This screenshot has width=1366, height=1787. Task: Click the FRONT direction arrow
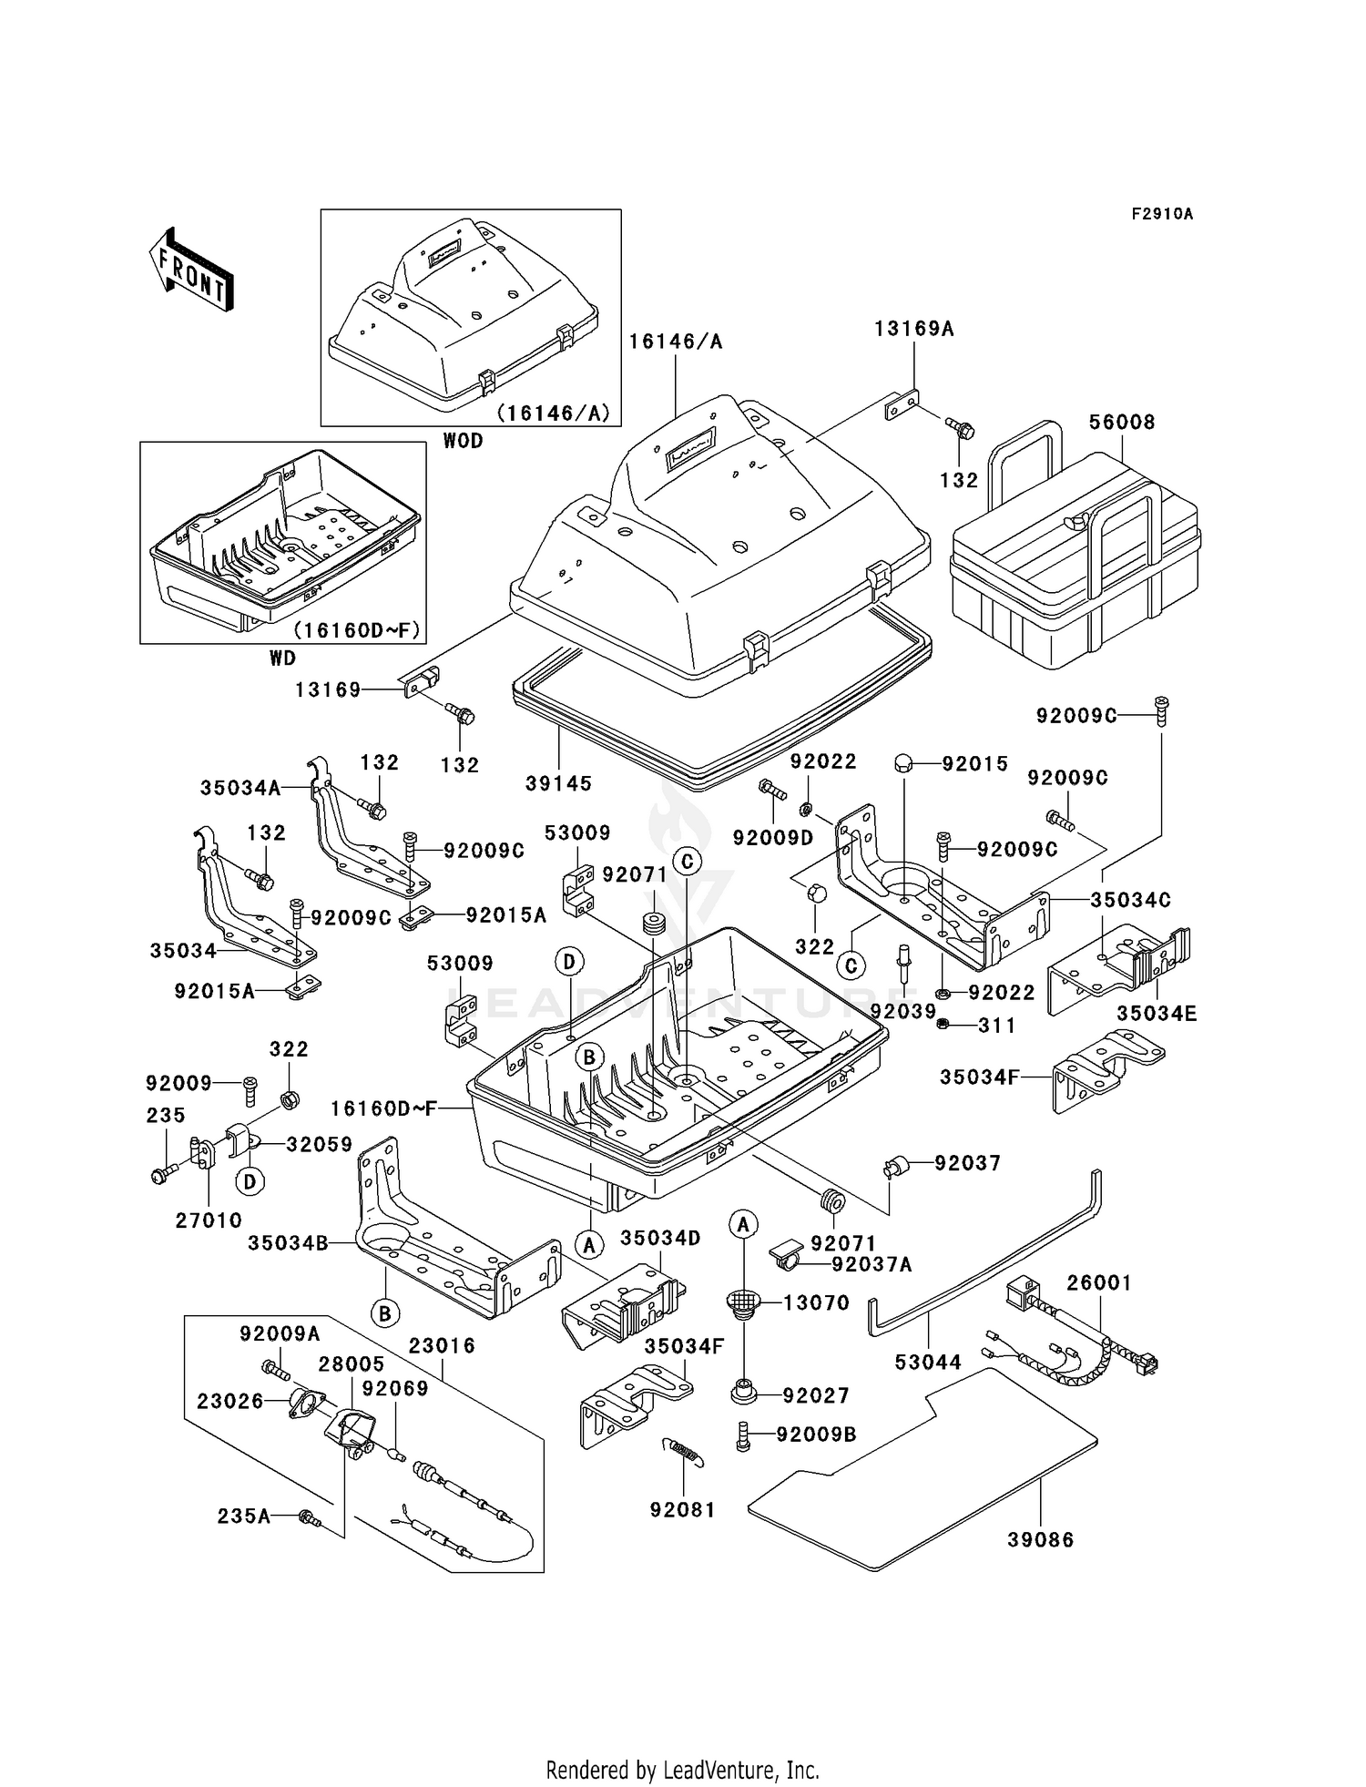coord(190,271)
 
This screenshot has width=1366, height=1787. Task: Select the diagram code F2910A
coord(1162,214)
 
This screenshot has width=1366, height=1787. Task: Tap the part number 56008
coord(1122,423)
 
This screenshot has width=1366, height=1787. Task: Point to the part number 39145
coord(558,782)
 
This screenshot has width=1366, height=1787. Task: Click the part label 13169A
coord(914,329)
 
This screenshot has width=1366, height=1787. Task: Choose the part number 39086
coord(1040,1539)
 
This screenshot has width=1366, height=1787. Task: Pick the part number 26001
coord(1099,1282)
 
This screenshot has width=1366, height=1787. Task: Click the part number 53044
coord(928,1363)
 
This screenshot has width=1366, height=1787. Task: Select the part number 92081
coord(682,1509)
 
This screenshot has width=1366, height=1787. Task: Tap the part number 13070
coord(817,1302)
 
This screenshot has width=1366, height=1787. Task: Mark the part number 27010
coord(209,1220)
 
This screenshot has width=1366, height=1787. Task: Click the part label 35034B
coord(288,1242)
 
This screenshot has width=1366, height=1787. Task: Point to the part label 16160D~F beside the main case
coord(383,1108)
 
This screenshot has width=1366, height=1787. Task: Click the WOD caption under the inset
coord(463,441)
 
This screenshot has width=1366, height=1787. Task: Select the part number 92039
coord(902,1011)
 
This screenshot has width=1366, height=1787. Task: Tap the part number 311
coord(996,1026)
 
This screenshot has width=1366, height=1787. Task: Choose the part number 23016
coord(442,1345)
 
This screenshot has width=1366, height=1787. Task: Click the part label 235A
coord(243,1516)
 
